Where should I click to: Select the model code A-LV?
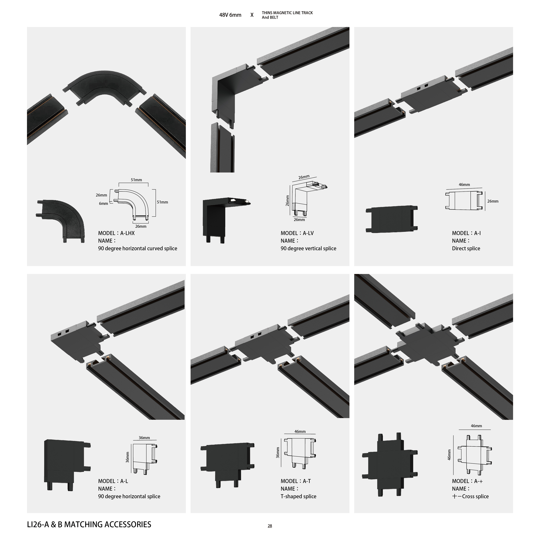pos(308,233)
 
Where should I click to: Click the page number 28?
pos(270,526)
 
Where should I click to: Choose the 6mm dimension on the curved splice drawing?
pos(103,203)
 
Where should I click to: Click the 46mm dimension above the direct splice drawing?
pos(464,184)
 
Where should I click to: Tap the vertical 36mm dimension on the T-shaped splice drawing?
pos(278,453)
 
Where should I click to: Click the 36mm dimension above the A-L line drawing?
pos(144,438)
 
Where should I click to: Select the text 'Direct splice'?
pos(466,248)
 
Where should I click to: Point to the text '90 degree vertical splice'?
pos(308,248)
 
